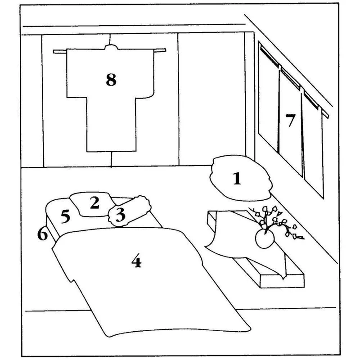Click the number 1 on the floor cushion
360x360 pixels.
237,178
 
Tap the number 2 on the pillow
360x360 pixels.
94,203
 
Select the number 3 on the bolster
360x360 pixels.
120,215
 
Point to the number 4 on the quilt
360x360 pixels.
137,261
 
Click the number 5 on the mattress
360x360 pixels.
65,216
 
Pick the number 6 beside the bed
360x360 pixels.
42,234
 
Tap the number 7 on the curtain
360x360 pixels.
290,120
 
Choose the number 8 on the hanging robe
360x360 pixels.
111,80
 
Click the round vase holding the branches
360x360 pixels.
265,239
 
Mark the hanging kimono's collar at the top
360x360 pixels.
111,47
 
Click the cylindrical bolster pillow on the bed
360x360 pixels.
129,211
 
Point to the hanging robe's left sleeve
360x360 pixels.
76,73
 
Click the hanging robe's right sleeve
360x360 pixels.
144,73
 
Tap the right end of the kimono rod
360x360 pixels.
164,50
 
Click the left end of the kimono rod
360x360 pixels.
54,51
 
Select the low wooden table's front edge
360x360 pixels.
282,281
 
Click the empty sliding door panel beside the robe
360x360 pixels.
211,99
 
